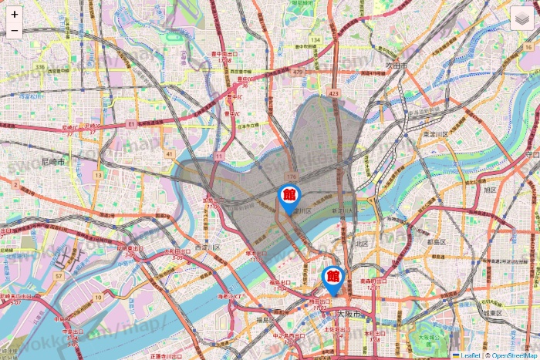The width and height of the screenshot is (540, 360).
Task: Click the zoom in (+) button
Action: pyautogui.click(x=15, y=15)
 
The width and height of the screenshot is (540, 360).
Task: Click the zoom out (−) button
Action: pyautogui.click(x=15, y=31)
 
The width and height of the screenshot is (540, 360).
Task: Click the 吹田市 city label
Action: pyautogui.click(x=396, y=66)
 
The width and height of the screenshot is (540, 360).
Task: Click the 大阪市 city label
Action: pyautogui.click(x=351, y=315)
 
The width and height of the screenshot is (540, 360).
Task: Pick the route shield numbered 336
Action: pyautogui.click(x=39, y=66)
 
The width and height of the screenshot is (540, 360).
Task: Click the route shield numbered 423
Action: pyautogui.click(x=333, y=93)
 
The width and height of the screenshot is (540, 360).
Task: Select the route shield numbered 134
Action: pyautogui.click(x=316, y=39)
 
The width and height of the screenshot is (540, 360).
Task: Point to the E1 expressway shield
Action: pyautogui.click(x=133, y=123)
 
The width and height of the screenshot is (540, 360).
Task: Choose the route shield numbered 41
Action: pyautogui.click(x=168, y=153)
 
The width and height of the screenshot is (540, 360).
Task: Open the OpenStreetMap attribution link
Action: pyautogui.click(x=513, y=355)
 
